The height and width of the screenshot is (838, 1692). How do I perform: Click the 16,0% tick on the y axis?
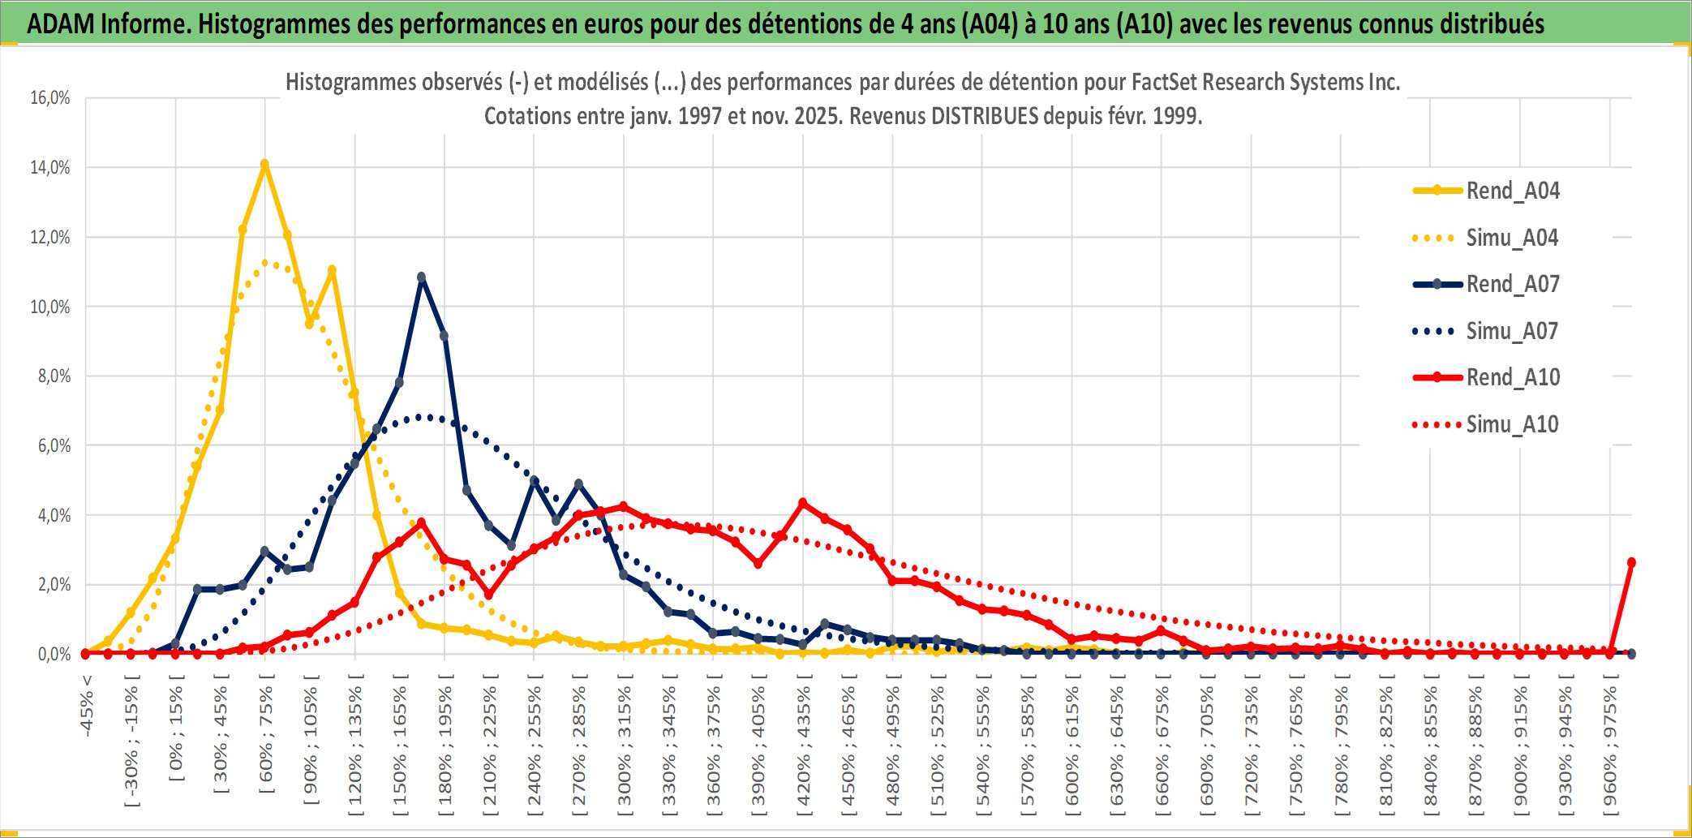50,98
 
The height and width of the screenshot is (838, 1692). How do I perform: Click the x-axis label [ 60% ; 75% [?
266,738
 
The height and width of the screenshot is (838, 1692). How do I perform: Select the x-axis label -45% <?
87,706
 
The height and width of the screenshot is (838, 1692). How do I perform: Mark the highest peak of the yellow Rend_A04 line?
264,164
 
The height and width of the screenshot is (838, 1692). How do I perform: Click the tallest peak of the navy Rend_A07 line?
422,277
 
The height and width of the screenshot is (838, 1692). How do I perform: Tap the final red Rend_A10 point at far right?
1631,562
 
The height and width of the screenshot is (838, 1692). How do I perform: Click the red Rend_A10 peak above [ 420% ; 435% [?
803,503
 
